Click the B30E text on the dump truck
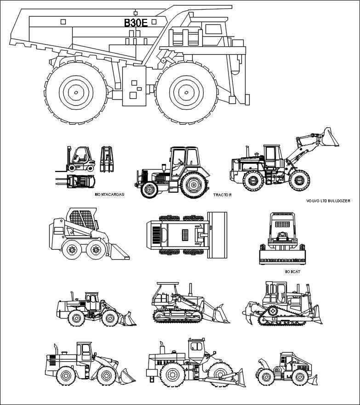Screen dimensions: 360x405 tap(136, 23)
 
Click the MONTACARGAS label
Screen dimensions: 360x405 tap(109, 194)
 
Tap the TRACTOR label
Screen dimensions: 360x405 tap(223, 195)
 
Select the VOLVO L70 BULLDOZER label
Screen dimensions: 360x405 tap(328, 201)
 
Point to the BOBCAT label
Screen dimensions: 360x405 tap(292, 272)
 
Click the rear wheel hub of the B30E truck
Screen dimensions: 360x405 tap(76, 92)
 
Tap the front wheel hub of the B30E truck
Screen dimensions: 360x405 tap(186, 92)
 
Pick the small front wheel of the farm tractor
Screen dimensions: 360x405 tap(149, 190)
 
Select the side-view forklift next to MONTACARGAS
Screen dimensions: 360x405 tap(75, 159)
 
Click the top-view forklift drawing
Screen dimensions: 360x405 tap(75, 181)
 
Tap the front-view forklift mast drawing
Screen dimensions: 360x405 tap(107, 160)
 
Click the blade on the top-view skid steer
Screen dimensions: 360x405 tap(217, 235)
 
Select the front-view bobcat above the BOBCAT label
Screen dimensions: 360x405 tap(282, 239)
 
